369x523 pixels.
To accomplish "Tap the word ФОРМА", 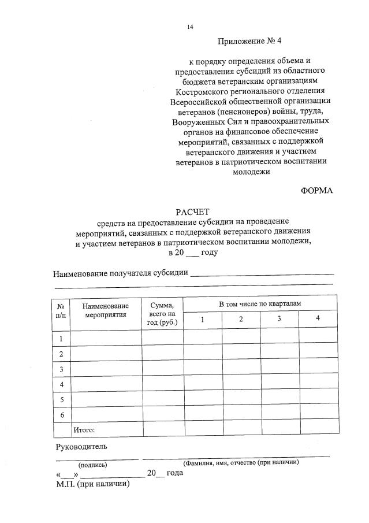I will coord(317,190).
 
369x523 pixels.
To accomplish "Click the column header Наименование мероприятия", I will coord(105,311).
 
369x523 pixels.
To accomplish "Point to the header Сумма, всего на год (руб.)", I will coord(162,313).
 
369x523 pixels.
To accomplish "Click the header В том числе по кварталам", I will coord(260,303).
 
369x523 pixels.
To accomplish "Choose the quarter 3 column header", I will coord(279,320).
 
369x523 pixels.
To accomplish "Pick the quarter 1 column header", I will coord(202,320).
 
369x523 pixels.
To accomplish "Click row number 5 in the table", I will coord(61,399).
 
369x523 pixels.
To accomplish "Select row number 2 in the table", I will coord(61,354).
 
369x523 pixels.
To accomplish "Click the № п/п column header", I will coord(61,311).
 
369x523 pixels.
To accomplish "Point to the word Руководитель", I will coord(81,447).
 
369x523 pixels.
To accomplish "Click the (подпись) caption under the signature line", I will coord(93,465).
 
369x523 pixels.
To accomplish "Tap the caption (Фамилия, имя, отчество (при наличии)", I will coord(240,462).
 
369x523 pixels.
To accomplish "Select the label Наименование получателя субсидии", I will coord(121,273).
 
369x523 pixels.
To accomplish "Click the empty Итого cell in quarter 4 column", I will coord(318,430).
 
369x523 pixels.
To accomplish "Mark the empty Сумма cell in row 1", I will coord(162,338).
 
